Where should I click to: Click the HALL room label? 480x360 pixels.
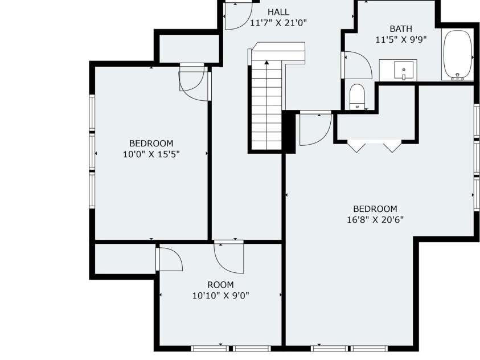coord(278,12)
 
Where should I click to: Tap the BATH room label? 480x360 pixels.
coord(401,28)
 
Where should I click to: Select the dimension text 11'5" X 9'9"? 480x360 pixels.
coord(401,40)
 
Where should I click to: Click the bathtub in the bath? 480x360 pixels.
coord(457,55)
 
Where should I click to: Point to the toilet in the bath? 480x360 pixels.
coord(357,96)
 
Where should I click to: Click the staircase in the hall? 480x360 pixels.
coord(265,103)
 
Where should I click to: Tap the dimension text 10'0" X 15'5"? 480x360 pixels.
coord(151,154)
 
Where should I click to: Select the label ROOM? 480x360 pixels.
coord(220,285)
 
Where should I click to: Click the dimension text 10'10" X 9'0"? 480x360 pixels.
coord(220,296)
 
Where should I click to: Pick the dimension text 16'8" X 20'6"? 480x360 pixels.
coord(375,219)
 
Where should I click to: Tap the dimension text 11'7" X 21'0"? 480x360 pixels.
coord(278,23)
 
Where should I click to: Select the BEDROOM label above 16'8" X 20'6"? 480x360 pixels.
coord(375,209)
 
